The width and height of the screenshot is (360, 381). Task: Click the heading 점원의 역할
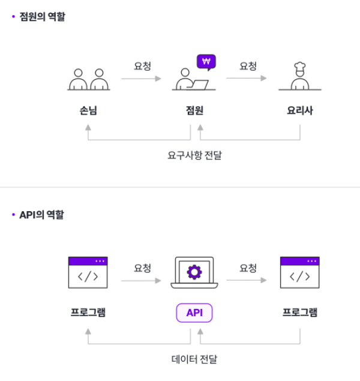(x=42, y=17)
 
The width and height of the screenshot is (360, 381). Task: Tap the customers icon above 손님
(x=88, y=79)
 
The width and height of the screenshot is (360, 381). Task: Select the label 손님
(x=88, y=110)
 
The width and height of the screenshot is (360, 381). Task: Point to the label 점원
(x=194, y=110)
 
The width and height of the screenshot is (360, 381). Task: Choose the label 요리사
(x=299, y=110)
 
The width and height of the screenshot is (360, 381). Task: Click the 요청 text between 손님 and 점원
(x=142, y=66)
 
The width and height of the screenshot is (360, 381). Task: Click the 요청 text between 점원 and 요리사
(x=248, y=66)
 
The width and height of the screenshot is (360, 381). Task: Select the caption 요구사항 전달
(x=194, y=155)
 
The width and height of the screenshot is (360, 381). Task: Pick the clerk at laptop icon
(x=191, y=80)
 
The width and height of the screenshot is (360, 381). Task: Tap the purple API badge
(x=194, y=313)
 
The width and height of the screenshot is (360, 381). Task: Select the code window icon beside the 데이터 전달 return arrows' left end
(x=88, y=274)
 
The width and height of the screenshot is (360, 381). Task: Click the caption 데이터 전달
(x=194, y=359)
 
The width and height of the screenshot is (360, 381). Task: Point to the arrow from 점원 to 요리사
(x=247, y=78)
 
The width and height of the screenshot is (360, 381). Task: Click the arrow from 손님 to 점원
(x=141, y=78)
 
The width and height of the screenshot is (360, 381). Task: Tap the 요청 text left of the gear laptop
(x=142, y=268)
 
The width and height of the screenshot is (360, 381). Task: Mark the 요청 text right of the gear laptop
(x=248, y=268)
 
